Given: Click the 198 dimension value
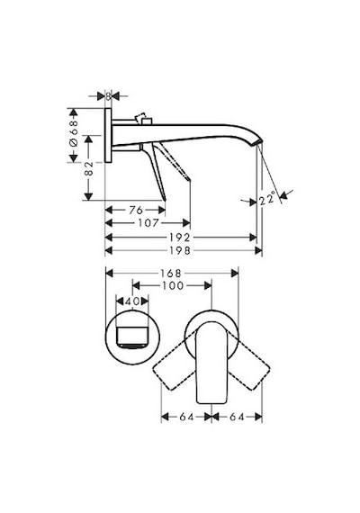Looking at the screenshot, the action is (x=179, y=250).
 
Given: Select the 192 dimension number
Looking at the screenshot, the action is (x=179, y=238).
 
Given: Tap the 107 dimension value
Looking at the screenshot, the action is (x=148, y=223).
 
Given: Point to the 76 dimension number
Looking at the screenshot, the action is (x=136, y=210).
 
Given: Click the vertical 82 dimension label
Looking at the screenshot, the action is (x=89, y=168).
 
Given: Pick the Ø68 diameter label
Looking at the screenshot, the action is (x=74, y=133).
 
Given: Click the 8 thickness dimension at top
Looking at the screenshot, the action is (x=108, y=96).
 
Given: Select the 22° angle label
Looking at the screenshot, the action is (x=267, y=199).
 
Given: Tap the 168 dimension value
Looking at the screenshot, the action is (x=170, y=273).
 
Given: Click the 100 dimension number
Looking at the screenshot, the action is (x=173, y=285).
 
